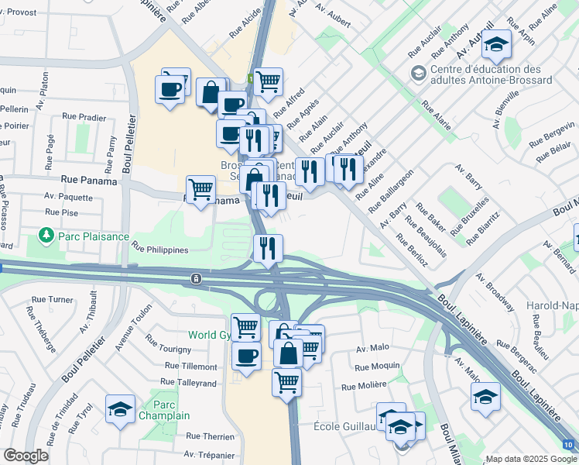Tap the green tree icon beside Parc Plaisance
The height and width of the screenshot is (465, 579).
46,234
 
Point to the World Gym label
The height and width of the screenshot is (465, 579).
211,336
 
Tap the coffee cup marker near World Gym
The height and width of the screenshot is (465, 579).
246,356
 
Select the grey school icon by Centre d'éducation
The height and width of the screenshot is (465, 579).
419,74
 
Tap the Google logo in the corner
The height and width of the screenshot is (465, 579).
26,456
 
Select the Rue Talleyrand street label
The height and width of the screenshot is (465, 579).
188,382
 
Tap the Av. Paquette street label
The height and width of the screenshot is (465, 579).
68,197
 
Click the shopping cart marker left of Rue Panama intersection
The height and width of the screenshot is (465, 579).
200,188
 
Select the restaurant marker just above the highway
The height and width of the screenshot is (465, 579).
268,248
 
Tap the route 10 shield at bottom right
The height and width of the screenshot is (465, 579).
569,445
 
